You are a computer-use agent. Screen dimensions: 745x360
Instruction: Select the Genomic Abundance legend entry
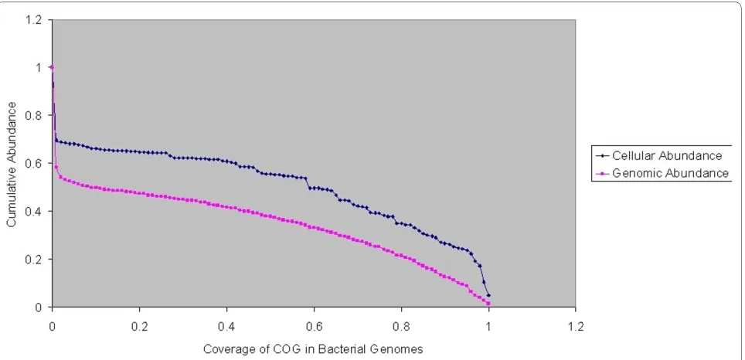click(662, 173)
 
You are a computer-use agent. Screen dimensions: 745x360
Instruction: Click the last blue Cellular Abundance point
click(488, 295)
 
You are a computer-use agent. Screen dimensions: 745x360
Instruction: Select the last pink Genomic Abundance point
click(488, 304)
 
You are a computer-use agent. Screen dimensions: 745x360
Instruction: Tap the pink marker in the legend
click(602, 174)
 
